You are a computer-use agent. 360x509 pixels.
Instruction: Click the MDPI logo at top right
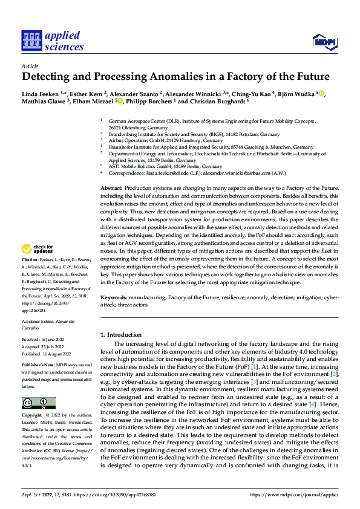point(323,41)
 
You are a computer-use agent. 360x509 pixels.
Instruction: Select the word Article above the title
point(30,66)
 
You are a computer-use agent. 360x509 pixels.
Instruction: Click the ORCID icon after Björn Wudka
point(321,93)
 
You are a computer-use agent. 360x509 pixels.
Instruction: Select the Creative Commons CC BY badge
point(38,403)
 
